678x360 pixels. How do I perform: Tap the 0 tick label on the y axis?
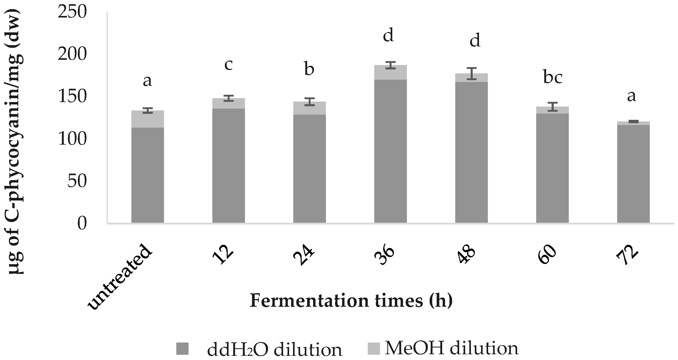[82, 224]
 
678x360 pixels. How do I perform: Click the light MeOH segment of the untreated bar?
[147, 119]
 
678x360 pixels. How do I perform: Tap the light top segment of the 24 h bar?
[309, 108]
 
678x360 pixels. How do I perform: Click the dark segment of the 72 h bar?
[633, 174]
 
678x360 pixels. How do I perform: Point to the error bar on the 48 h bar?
[471, 73]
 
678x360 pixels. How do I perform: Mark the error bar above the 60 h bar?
[552, 107]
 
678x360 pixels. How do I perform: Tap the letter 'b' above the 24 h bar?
[309, 69]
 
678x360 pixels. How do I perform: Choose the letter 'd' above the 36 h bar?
[388, 36]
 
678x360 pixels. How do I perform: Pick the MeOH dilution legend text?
[451, 349]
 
